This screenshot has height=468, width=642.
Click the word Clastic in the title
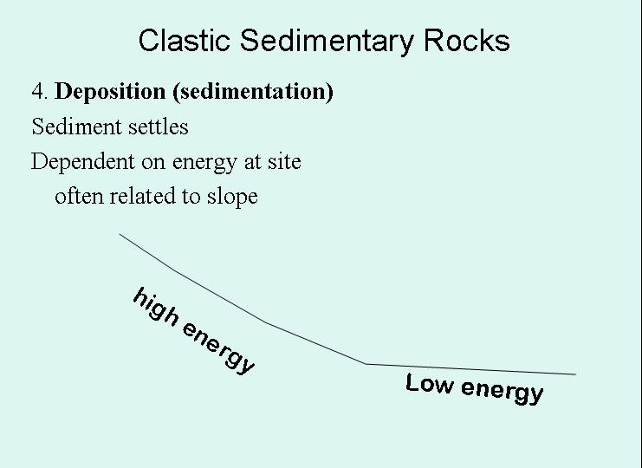(185, 40)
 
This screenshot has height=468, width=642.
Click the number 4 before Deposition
(38, 92)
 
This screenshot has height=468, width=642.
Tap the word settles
(158, 127)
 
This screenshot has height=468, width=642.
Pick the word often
(77, 196)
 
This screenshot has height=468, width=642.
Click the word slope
(232, 196)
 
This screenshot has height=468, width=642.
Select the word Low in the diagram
(430, 383)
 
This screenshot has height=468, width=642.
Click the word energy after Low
(503, 390)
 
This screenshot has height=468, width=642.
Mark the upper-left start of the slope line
(120, 233)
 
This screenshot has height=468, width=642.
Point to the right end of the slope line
(575, 374)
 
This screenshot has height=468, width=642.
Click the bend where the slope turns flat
(366, 364)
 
